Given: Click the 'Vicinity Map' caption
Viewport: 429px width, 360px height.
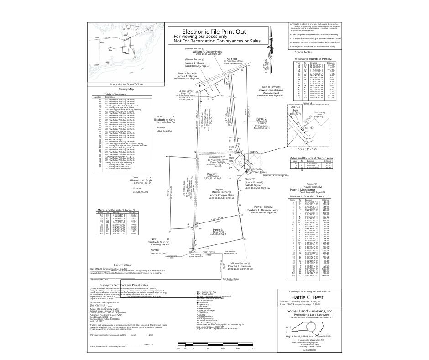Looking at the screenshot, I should pyautogui.click(x=126, y=89).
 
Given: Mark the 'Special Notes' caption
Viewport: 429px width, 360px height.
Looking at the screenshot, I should pyautogui.click(x=303, y=52).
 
